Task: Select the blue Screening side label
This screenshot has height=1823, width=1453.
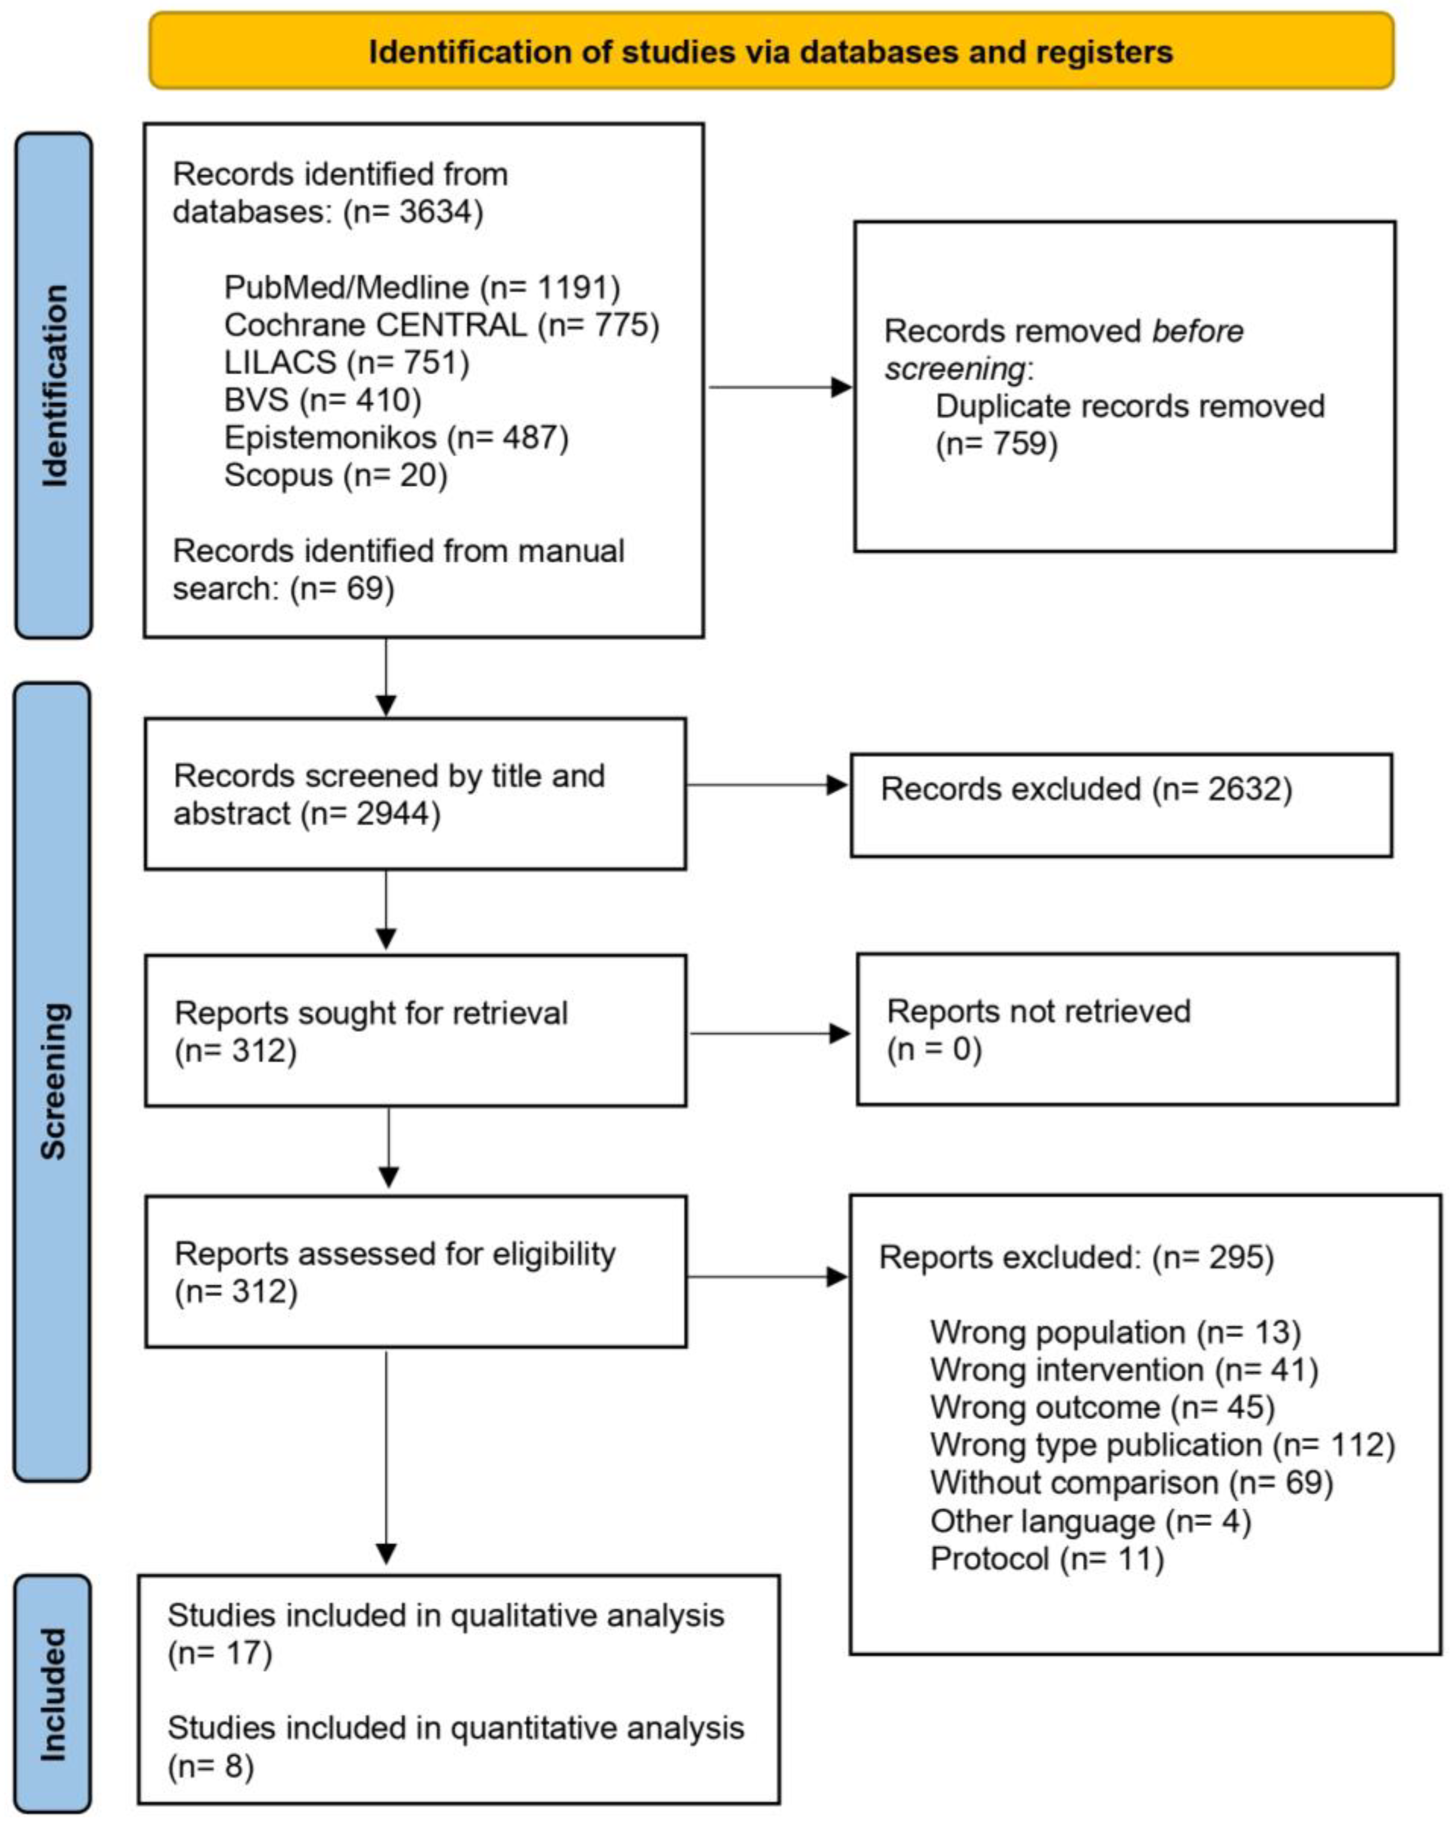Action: (x=53, y=1081)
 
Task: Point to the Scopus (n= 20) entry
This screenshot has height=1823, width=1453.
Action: (x=335, y=475)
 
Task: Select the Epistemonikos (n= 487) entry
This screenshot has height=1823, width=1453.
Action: (x=396, y=437)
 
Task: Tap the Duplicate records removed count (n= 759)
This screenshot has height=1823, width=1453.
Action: (x=997, y=443)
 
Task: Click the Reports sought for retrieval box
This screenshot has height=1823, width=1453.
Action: (x=415, y=1031)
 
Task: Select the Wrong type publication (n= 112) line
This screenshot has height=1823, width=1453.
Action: (x=1162, y=1445)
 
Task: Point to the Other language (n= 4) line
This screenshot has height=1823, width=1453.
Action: (x=1090, y=1521)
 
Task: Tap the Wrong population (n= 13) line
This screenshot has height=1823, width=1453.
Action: (x=1115, y=1333)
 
